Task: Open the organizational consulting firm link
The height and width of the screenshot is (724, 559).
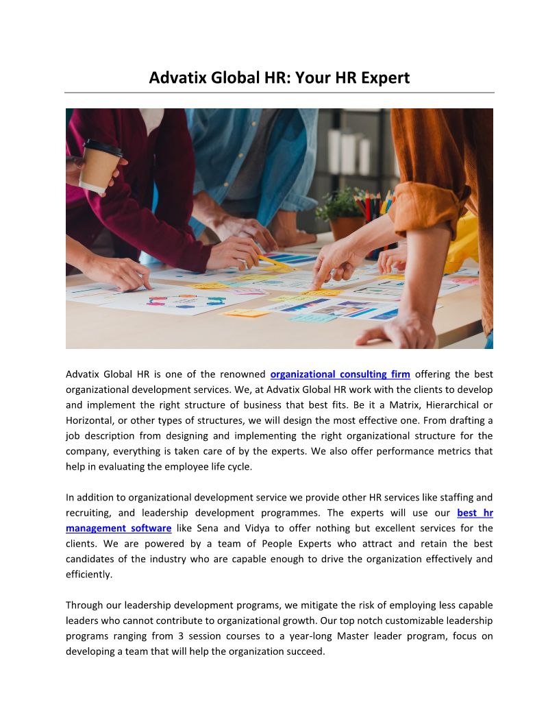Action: [x=340, y=374]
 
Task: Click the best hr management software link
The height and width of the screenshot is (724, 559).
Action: [x=119, y=529]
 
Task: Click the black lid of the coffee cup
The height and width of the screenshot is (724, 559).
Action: [x=103, y=147]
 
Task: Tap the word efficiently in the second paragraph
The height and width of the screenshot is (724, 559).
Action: [x=88, y=575]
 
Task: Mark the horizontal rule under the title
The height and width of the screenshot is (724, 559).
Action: [x=279, y=93]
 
